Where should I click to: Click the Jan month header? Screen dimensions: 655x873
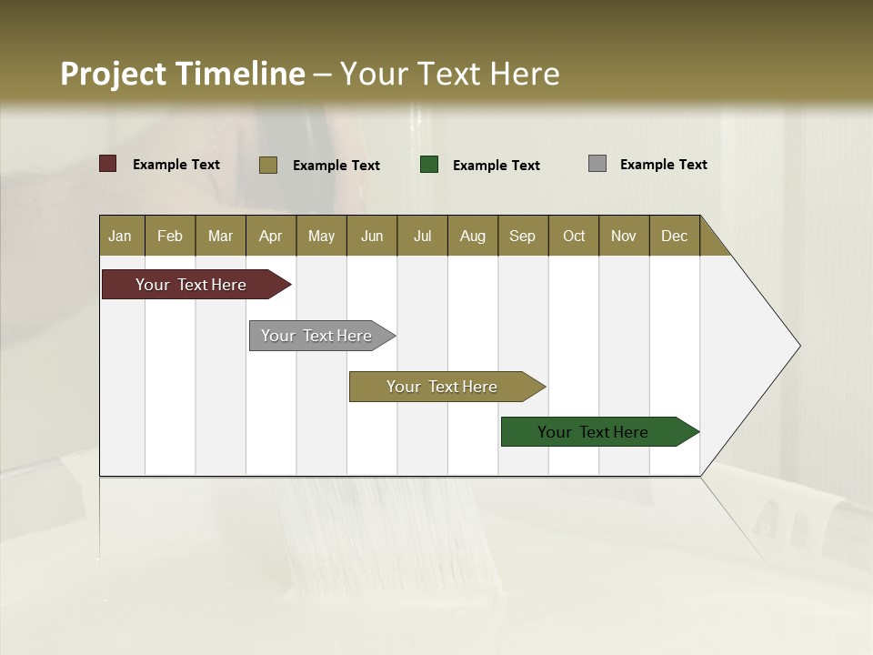pos(120,236)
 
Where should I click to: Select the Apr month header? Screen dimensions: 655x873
pos(270,236)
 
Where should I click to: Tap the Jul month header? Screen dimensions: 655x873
pos(422,236)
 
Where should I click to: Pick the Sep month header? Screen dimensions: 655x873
pos(522,236)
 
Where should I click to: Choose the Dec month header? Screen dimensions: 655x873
pos(674,236)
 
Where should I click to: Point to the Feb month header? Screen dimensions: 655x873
pos(170,236)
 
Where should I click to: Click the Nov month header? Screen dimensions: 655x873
pos(623,236)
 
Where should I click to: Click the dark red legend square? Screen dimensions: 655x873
pos(108,164)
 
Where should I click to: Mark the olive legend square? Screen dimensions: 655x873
pos(268,165)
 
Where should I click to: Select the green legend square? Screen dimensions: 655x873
pos(429,165)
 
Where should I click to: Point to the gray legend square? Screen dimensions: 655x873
pos(597,164)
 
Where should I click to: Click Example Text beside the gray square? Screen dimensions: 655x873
pos(663,165)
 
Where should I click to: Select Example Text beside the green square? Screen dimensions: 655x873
pos(496,166)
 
